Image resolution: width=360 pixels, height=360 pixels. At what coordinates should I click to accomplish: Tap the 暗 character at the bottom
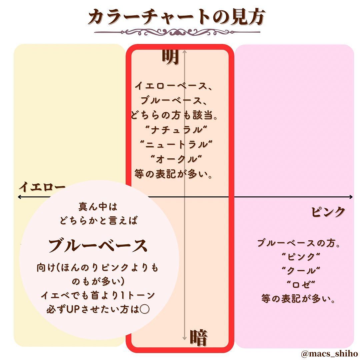199,338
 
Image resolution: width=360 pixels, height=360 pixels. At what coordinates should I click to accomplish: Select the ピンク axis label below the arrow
328,212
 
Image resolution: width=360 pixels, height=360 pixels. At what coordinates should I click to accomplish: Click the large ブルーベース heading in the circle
98,246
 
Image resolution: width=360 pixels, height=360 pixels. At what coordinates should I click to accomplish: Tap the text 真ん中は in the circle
98,207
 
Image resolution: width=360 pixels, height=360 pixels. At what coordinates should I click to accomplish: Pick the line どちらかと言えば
98,221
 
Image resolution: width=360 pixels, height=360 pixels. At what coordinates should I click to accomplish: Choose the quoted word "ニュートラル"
176,144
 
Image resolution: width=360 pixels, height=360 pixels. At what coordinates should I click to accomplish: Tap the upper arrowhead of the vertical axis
184,51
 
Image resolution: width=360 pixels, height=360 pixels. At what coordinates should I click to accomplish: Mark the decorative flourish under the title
177,32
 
